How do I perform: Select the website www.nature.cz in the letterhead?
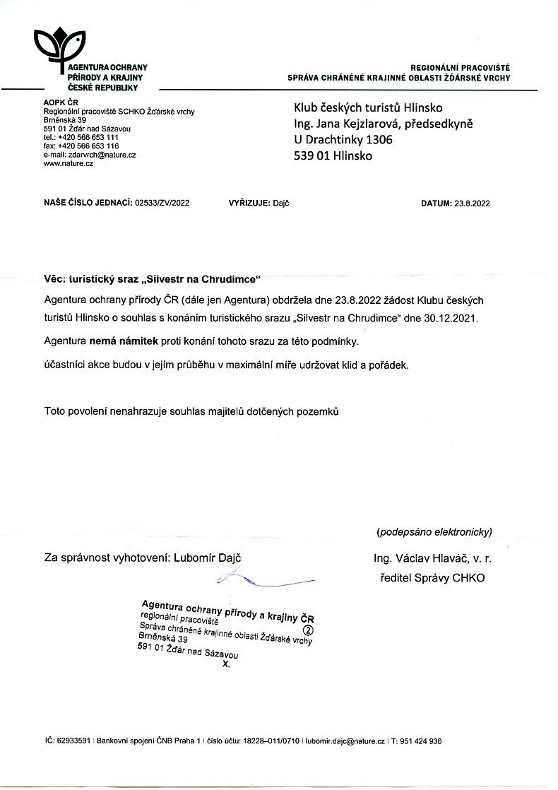[x=69, y=163]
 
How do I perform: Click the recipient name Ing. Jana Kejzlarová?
[x=346, y=124]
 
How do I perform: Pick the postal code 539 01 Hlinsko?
[x=333, y=156]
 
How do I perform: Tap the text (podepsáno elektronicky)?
[x=434, y=531]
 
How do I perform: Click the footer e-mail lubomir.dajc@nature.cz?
[x=345, y=741]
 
